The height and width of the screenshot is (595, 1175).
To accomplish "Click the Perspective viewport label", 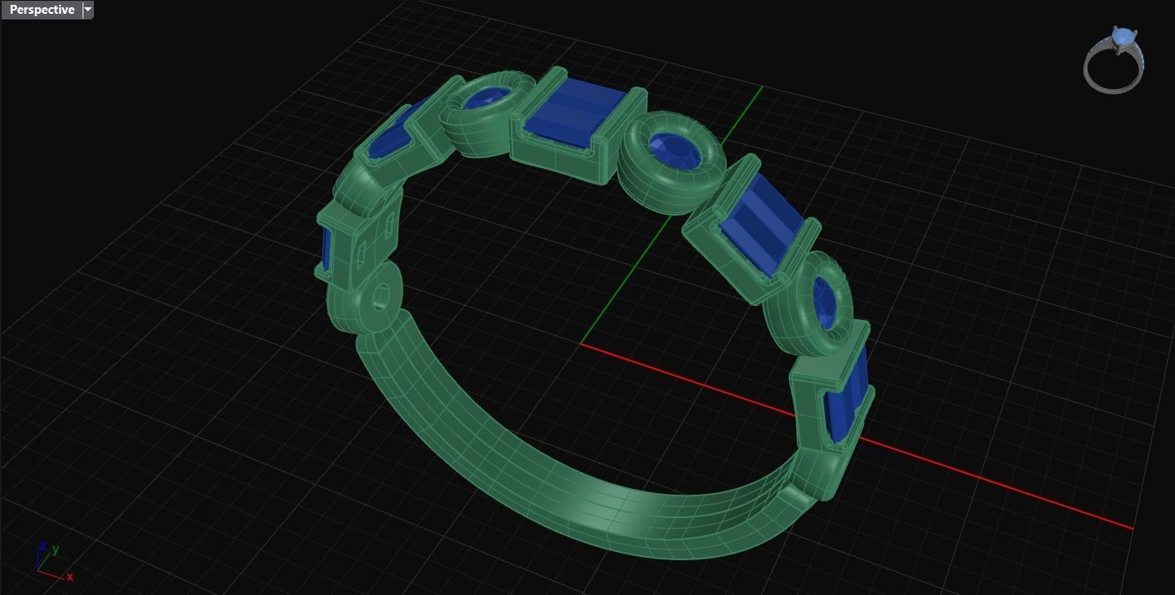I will [x=41, y=10].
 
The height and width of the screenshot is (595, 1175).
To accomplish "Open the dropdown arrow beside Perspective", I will [x=88, y=10].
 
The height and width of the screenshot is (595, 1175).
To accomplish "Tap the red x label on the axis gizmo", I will [x=70, y=576].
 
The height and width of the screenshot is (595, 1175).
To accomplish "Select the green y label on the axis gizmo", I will [x=55, y=549].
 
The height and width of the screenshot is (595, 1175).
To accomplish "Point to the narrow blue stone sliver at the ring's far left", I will [x=326, y=248].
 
